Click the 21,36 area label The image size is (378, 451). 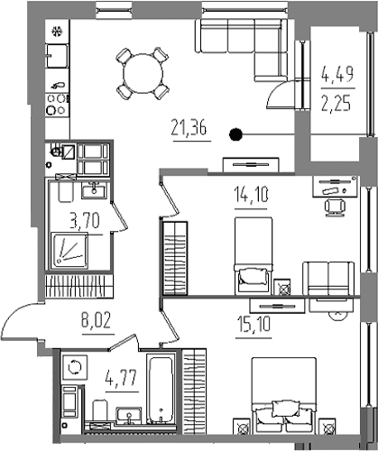click(x=189, y=128)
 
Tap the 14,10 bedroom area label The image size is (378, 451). click(x=251, y=195)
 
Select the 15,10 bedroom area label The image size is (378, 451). click(x=254, y=325)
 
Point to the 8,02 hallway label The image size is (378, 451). click(x=97, y=320)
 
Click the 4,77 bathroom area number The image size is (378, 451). click(x=121, y=379)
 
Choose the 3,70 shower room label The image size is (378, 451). click(x=85, y=221)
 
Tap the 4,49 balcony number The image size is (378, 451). click(x=337, y=75)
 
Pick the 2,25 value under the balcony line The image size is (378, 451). click(x=337, y=103)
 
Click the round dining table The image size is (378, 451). click(x=143, y=74)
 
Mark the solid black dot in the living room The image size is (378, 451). click(x=235, y=134)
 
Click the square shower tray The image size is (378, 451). click(x=69, y=251)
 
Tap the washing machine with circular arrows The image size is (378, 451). click(x=75, y=367)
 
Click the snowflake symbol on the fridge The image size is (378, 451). click(x=57, y=32)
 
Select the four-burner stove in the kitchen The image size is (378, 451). click(x=58, y=105)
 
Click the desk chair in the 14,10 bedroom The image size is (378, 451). click(x=335, y=207)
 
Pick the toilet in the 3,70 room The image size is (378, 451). click(x=66, y=190)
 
